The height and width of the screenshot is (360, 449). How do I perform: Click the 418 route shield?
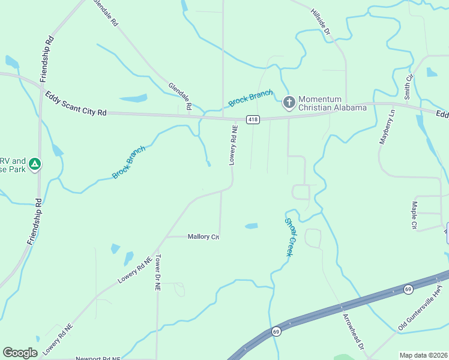253,118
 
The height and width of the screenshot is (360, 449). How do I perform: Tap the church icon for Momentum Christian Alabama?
289,103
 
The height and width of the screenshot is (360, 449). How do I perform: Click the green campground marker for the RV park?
35,164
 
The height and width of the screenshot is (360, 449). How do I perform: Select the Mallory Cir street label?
203,237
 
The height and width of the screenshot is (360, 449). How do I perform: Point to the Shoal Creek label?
288,236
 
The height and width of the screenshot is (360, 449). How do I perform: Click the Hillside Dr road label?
321,25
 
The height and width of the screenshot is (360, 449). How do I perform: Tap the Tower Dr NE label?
158,272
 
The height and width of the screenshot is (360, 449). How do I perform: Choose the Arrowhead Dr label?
354,332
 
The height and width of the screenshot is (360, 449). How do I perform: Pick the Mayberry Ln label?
386,127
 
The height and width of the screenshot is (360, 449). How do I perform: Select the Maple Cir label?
414,215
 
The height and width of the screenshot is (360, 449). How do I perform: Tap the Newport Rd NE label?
98,358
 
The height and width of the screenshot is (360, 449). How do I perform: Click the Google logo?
20,352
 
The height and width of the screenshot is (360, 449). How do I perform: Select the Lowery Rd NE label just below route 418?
234,145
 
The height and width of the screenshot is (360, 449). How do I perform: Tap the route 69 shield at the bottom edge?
276,331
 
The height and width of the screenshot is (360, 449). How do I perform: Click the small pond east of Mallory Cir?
251,226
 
